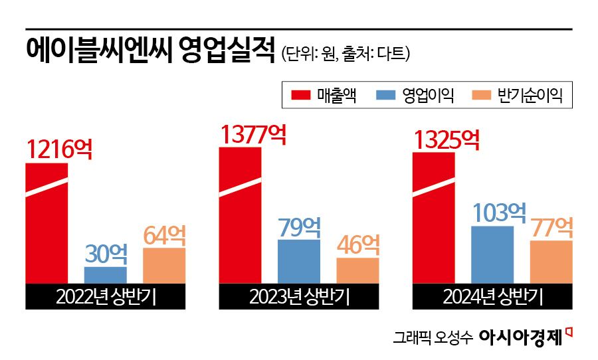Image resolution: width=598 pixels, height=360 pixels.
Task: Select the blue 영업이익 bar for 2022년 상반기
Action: tap(105, 275)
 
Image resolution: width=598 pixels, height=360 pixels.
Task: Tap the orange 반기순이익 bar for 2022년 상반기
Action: tap(164, 266)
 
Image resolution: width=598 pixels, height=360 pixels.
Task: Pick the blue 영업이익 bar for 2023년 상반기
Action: tap(298, 262)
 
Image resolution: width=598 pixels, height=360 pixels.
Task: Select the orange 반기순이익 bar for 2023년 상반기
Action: tap(357, 270)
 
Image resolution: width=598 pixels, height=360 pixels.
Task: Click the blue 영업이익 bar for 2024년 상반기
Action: tap(492, 255)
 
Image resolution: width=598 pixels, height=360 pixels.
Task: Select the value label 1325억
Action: tap(447, 139)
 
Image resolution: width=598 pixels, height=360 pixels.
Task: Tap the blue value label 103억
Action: tap(499, 213)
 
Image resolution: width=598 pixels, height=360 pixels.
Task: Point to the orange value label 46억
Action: tap(358, 244)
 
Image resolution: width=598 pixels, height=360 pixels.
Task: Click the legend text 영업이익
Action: tap(429, 96)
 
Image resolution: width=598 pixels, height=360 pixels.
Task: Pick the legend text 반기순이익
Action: tap(530, 96)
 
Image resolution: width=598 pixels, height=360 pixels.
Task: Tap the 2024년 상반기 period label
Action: tap(492, 297)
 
